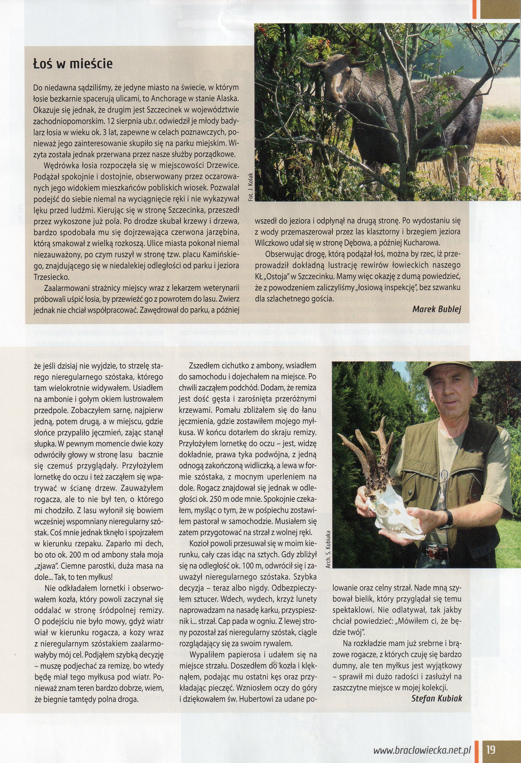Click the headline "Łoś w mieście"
pyautogui.click(x=73, y=63)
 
